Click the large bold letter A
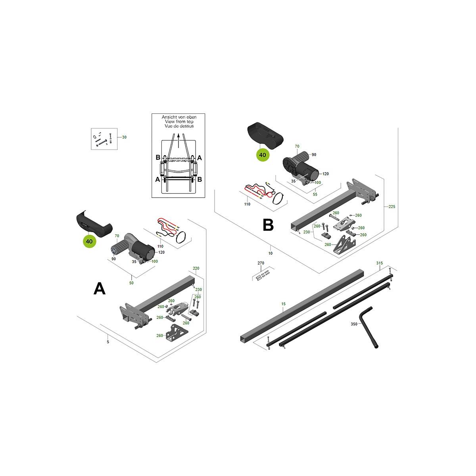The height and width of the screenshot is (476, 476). pyautogui.click(x=100, y=288)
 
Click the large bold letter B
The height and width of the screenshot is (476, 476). pyautogui.click(x=268, y=225)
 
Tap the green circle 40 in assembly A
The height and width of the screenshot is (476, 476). pyautogui.click(x=89, y=241)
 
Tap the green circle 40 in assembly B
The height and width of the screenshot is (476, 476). pyautogui.click(x=263, y=155)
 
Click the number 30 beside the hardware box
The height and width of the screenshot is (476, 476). pyautogui.click(x=124, y=137)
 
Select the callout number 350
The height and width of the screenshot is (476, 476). pyautogui.click(x=354, y=324)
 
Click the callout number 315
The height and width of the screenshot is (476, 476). pyautogui.click(x=380, y=263)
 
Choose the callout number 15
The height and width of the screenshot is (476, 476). pyautogui.click(x=283, y=304)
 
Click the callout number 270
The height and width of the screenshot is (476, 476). pyautogui.click(x=261, y=263)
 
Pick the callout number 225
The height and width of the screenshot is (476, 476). pyautogui.click(x=392, y=207)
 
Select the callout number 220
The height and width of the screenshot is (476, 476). pyautogui.click(x=196, y=268)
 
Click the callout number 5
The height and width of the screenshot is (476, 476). pyautogui.click(x=108, y=342)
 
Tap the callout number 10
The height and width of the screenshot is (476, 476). pyautogui.click(x=271, y=253)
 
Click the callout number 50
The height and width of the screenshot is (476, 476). pyautogui.click(x=131, y=283)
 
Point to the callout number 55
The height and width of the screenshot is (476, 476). pyautogui.click(x=315, y=194)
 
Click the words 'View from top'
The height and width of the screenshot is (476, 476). pyautogui.click(x=179, y=121)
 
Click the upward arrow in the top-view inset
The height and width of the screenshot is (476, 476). pyautogui.click(x=178, y=140)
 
